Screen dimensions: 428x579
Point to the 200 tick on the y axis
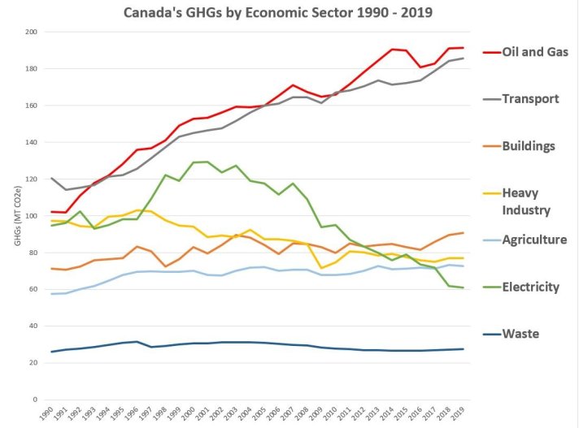[x=31, y=32]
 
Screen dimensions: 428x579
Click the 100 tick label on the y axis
[x=31, y=216]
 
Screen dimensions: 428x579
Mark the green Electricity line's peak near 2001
[x=207, y=162]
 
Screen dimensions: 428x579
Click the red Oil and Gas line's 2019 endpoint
[x=463, y=48]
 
